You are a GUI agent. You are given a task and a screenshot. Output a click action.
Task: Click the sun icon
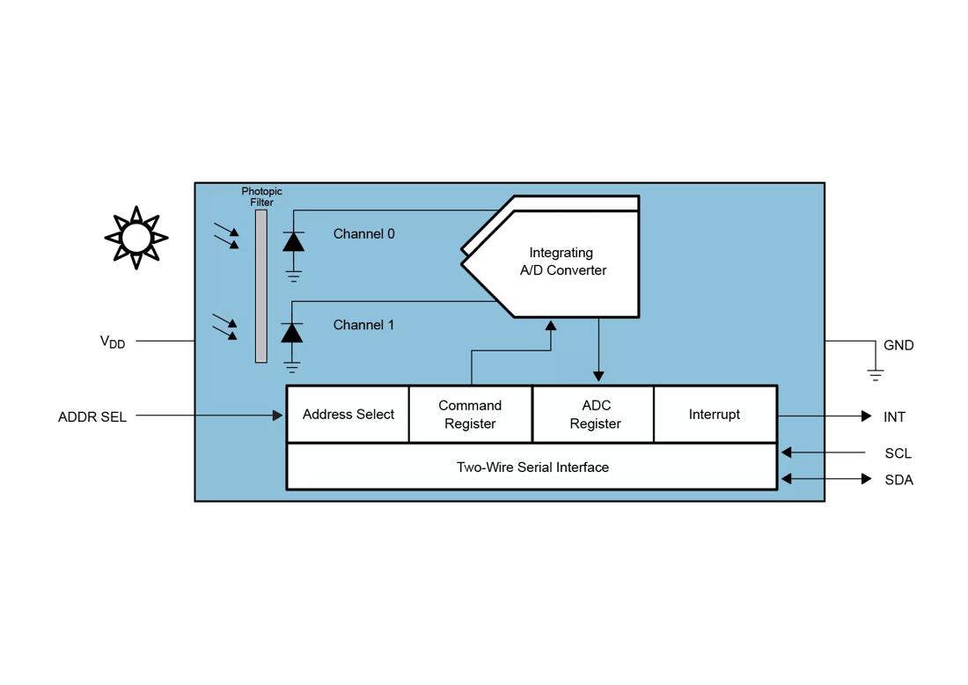click(x=136, y=237)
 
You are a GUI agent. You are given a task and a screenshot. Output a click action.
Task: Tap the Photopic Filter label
click(x=261, y=196)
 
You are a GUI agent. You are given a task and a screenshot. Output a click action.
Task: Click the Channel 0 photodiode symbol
click(x=293, y=241)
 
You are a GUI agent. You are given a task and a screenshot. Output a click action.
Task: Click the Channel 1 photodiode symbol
click(x=292, y=333)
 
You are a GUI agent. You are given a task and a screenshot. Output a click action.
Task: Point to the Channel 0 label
click(x=363, y=234)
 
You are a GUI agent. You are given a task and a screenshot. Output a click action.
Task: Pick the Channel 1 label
click(x=363, y=325)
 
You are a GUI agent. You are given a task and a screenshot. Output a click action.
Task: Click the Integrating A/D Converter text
click(x=562, y=261)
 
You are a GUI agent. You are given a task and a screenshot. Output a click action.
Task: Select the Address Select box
click(x=348, y=415)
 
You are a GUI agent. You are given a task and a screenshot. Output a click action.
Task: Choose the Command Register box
click(x=470, y=415)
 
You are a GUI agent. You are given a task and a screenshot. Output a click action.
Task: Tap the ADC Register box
click(x=595, y=415)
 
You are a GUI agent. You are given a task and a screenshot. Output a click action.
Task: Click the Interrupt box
click(x=715, y=415)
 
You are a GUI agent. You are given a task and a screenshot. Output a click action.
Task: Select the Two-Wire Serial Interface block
click(x=532, y=468)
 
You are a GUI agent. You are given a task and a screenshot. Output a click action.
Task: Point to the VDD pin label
click(x=113, y=342)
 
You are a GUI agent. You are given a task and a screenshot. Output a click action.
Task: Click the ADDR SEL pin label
click(x=92, y=417)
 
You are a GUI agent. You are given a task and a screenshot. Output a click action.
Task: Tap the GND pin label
click(x=898, y=345)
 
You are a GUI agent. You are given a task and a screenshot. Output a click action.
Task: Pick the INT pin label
click(x=894, y=417)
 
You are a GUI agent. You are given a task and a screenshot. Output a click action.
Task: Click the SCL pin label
click(x=898, y=453)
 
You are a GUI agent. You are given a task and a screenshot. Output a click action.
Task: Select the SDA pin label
click(x=898, y=480)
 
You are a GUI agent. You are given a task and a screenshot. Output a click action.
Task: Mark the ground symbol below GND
click(x=875, y=374)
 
